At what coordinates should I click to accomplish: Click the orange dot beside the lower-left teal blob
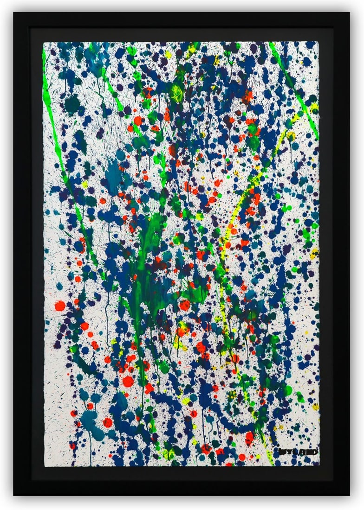point(108,422)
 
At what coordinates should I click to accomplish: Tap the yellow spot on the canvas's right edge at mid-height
point(314,253)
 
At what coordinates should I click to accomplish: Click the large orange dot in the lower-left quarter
point(128,381)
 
